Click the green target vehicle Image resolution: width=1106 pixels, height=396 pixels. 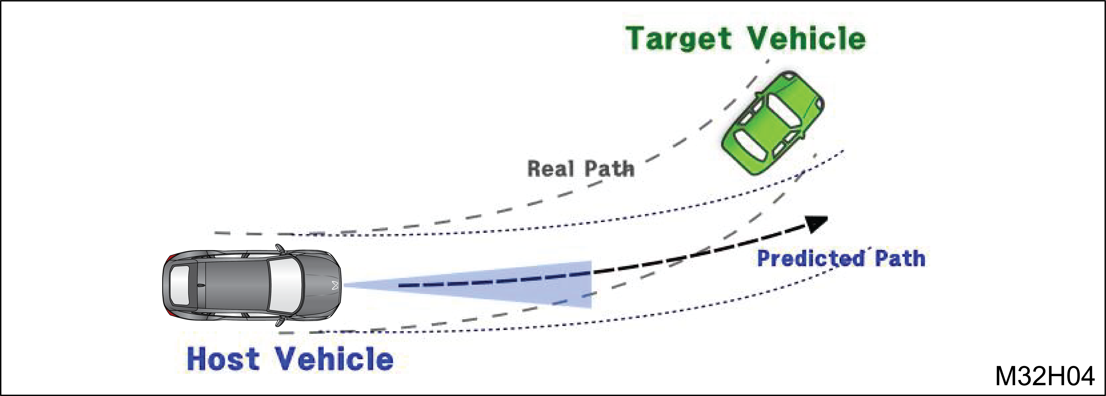(773, 123)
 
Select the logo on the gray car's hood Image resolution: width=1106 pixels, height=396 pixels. (335, 285)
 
